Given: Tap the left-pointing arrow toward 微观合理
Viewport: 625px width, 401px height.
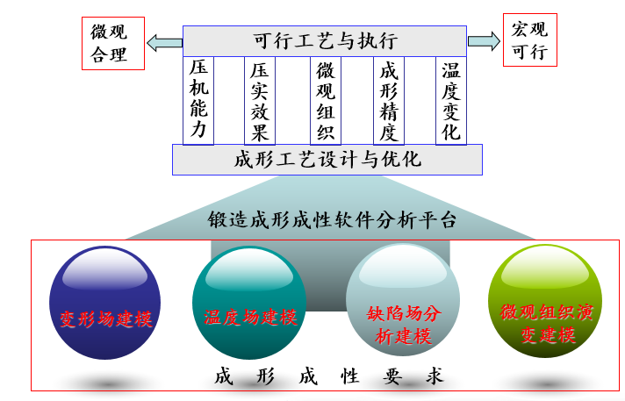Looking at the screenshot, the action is click(x=165, y=43).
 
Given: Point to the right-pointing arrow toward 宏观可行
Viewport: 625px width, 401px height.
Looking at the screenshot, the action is click(x=484, y=41).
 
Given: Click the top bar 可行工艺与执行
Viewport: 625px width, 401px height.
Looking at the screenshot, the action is click(x=325, y=41).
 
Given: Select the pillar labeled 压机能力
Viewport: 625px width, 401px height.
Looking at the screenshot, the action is click(x=198, y=100).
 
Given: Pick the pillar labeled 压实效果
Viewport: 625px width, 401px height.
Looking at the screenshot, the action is click(x=260, y=100).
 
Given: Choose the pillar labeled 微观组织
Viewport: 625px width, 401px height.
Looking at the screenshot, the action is click(x=326, y=100).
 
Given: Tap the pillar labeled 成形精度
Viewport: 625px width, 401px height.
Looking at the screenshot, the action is click(x=389, y=100).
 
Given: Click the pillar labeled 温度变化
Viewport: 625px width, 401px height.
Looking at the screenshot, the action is click(x=451, y=100).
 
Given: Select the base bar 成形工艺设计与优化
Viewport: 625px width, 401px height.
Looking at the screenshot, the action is click(x=327, y=160).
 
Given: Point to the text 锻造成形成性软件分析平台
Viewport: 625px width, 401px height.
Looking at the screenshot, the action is click(x=332, y=219).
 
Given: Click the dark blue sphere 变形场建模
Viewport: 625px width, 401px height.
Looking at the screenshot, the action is click(x=104, y=303).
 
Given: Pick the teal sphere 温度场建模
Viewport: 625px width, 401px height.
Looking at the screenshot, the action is click(x=249, y=303).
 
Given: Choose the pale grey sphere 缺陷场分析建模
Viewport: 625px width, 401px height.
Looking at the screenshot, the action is click(x=403, y=300).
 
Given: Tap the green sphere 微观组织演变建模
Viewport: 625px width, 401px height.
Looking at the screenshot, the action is click(x=545, y=301).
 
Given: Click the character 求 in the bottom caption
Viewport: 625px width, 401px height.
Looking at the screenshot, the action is click(x=434, y=376).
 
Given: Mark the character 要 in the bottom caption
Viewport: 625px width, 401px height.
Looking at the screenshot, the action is click(x=392, y=376).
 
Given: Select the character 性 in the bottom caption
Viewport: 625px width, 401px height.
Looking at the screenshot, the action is click(x=350, y=376).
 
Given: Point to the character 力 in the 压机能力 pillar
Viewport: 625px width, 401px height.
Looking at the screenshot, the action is click(x=198, y=130).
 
